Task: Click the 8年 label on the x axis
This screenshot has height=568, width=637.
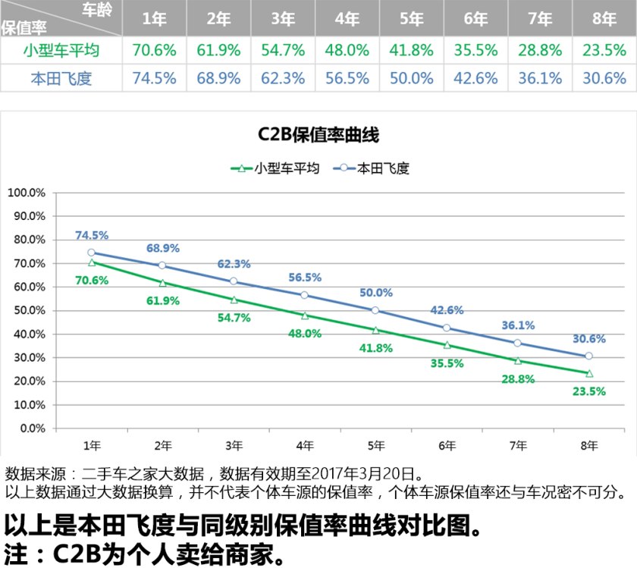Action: [x=589, y=446]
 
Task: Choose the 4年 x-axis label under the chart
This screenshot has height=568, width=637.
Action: [x=305, y=446]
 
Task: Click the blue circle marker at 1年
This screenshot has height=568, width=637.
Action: [x=92, y=253]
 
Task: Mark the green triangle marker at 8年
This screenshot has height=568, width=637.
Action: [x=589, y=373]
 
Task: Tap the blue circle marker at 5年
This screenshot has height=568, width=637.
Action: [x=375, y=310]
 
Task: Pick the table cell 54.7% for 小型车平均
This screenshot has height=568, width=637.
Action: [x=283, y=51]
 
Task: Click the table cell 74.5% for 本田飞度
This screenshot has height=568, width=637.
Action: [x=154, y=78]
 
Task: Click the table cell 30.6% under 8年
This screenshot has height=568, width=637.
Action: [x=604, y=78]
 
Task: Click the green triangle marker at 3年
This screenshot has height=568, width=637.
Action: [x=234, y=300]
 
